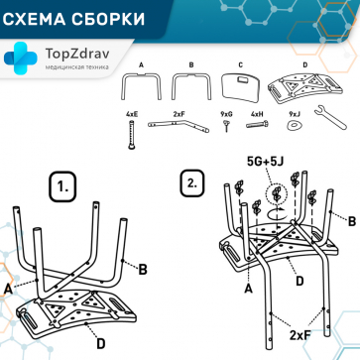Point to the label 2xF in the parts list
[180, 115]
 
